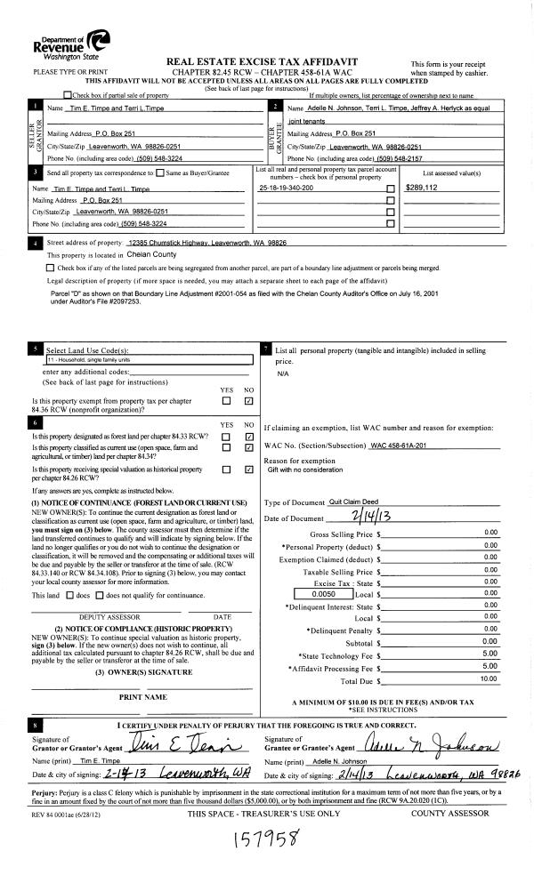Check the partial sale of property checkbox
coord(68,95)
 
